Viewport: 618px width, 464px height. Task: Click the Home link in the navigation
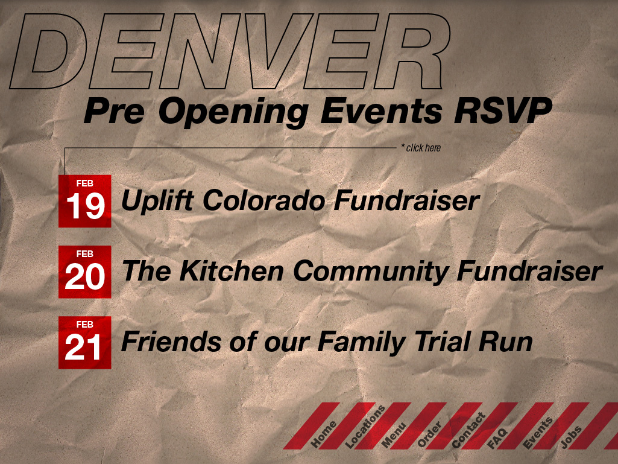click(324, 434)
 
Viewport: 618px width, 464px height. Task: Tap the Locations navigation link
click(365, 427)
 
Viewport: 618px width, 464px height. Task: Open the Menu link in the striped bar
click(394, 436)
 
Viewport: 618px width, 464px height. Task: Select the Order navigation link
click(429, 435)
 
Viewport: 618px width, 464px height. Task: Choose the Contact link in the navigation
click(468, 430)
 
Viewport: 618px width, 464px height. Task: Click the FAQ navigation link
click(497, 438)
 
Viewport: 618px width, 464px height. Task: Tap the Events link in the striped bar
click(538, 433)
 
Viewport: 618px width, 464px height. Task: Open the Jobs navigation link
click(571, 437)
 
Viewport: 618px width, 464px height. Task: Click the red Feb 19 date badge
click(85, 201)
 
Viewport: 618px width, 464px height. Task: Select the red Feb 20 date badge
click(85, 272)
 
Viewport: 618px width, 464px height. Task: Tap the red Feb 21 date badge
click(85, 343)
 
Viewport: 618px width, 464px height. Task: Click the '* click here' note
click(421, 148)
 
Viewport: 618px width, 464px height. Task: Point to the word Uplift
click(157, 201)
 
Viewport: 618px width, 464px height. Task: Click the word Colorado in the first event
click(263, 200)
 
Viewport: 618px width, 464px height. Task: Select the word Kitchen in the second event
click(232, 271)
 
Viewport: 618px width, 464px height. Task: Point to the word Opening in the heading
click(233, 113)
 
